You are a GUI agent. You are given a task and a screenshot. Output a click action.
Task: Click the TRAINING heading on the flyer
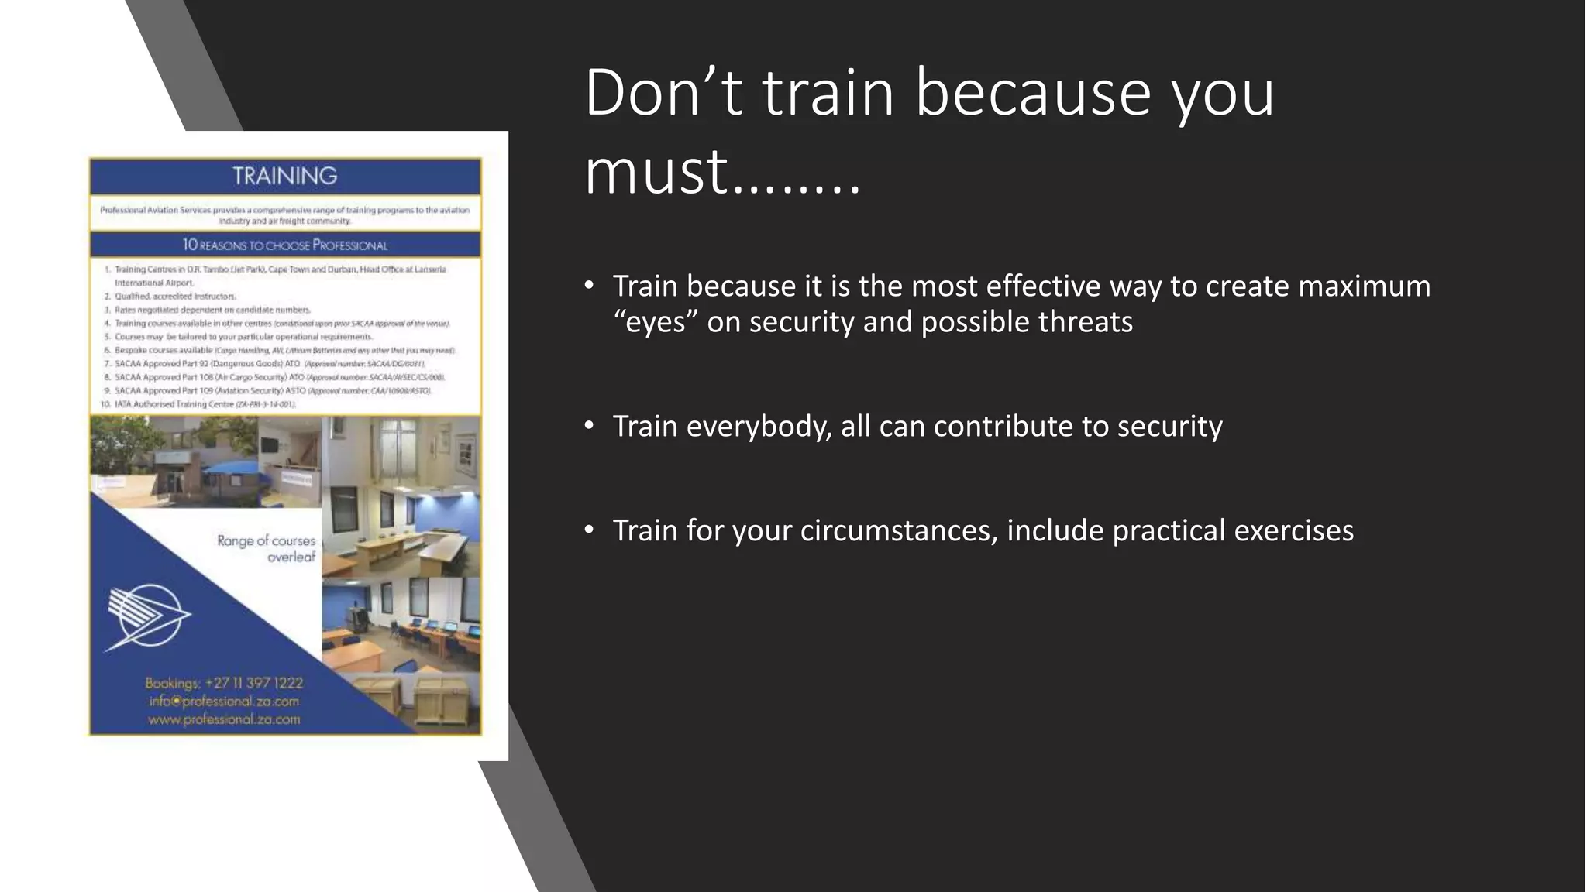click(285, 176)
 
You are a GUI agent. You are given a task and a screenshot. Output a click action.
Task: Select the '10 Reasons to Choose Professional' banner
click(285, 245)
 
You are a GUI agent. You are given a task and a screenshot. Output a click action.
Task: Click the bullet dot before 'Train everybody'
click(589, 425)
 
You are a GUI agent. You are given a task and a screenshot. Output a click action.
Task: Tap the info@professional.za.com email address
click(224, 702)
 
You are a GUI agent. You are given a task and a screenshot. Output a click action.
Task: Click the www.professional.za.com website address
click(224, 719)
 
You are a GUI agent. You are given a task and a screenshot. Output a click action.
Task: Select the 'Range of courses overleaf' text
click(267, 548)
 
